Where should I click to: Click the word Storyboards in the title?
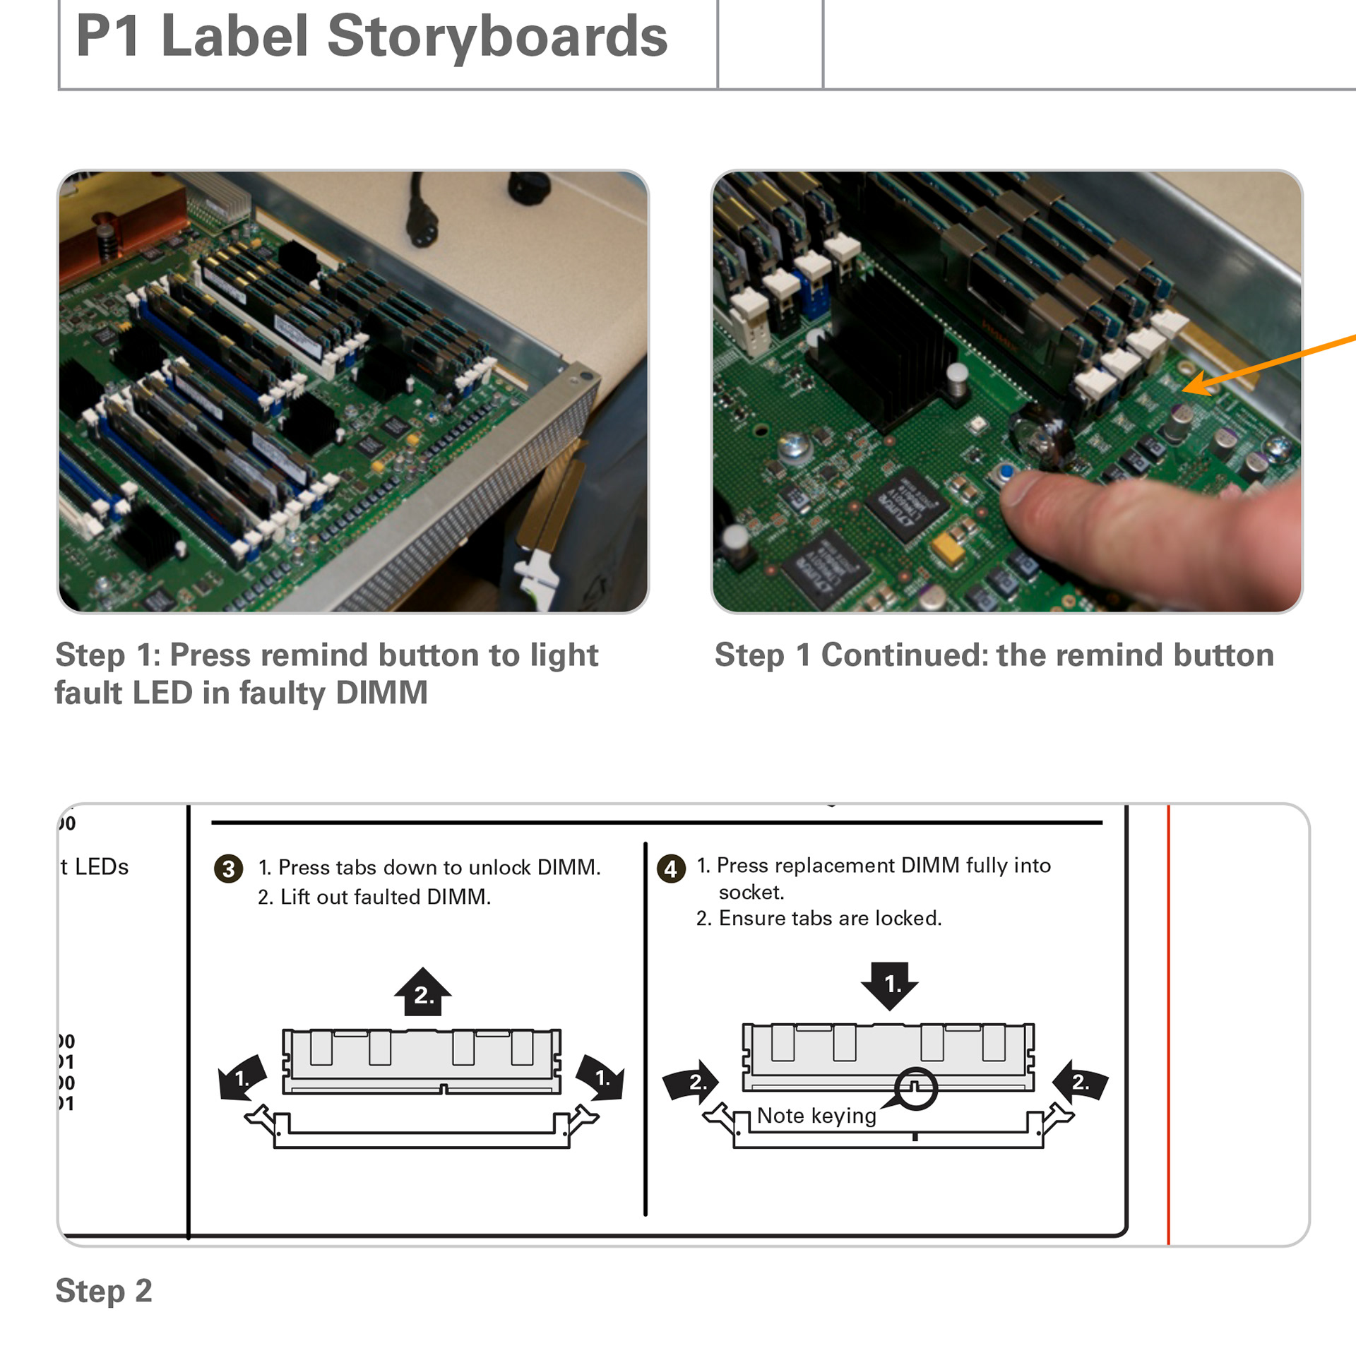pyautogui.click(x=496, y=36)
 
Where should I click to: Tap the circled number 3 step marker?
pyautogui.click(x=228, y=869)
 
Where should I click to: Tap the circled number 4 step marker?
pyautogui.click(x=670, y=869)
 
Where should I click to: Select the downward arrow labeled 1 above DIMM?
pyautogui.click(x=890, y=984)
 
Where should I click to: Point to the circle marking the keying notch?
pyautogui.click(x=915, y=1088)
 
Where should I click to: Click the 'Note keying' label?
pyautogui.click(x=816, y=1116)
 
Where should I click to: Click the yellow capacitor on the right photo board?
pyautogui.click(x=948, y=547)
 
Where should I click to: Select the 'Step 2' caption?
pyautogui.click(x=104, y=1291)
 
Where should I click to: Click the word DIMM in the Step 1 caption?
pyautogui.click(x=381, y=693)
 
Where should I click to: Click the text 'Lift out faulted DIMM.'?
pyautogui.click(x=385, y=897)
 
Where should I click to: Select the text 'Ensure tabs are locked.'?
pyautogui.click(x=830, y=918)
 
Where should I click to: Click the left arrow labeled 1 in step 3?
pyautogui.click(x=242, y=1078)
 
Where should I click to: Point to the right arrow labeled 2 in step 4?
pyautogui.click(x=1080, y=1081)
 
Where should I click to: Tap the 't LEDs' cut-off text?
pyautogui.click(x=95, y=867)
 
